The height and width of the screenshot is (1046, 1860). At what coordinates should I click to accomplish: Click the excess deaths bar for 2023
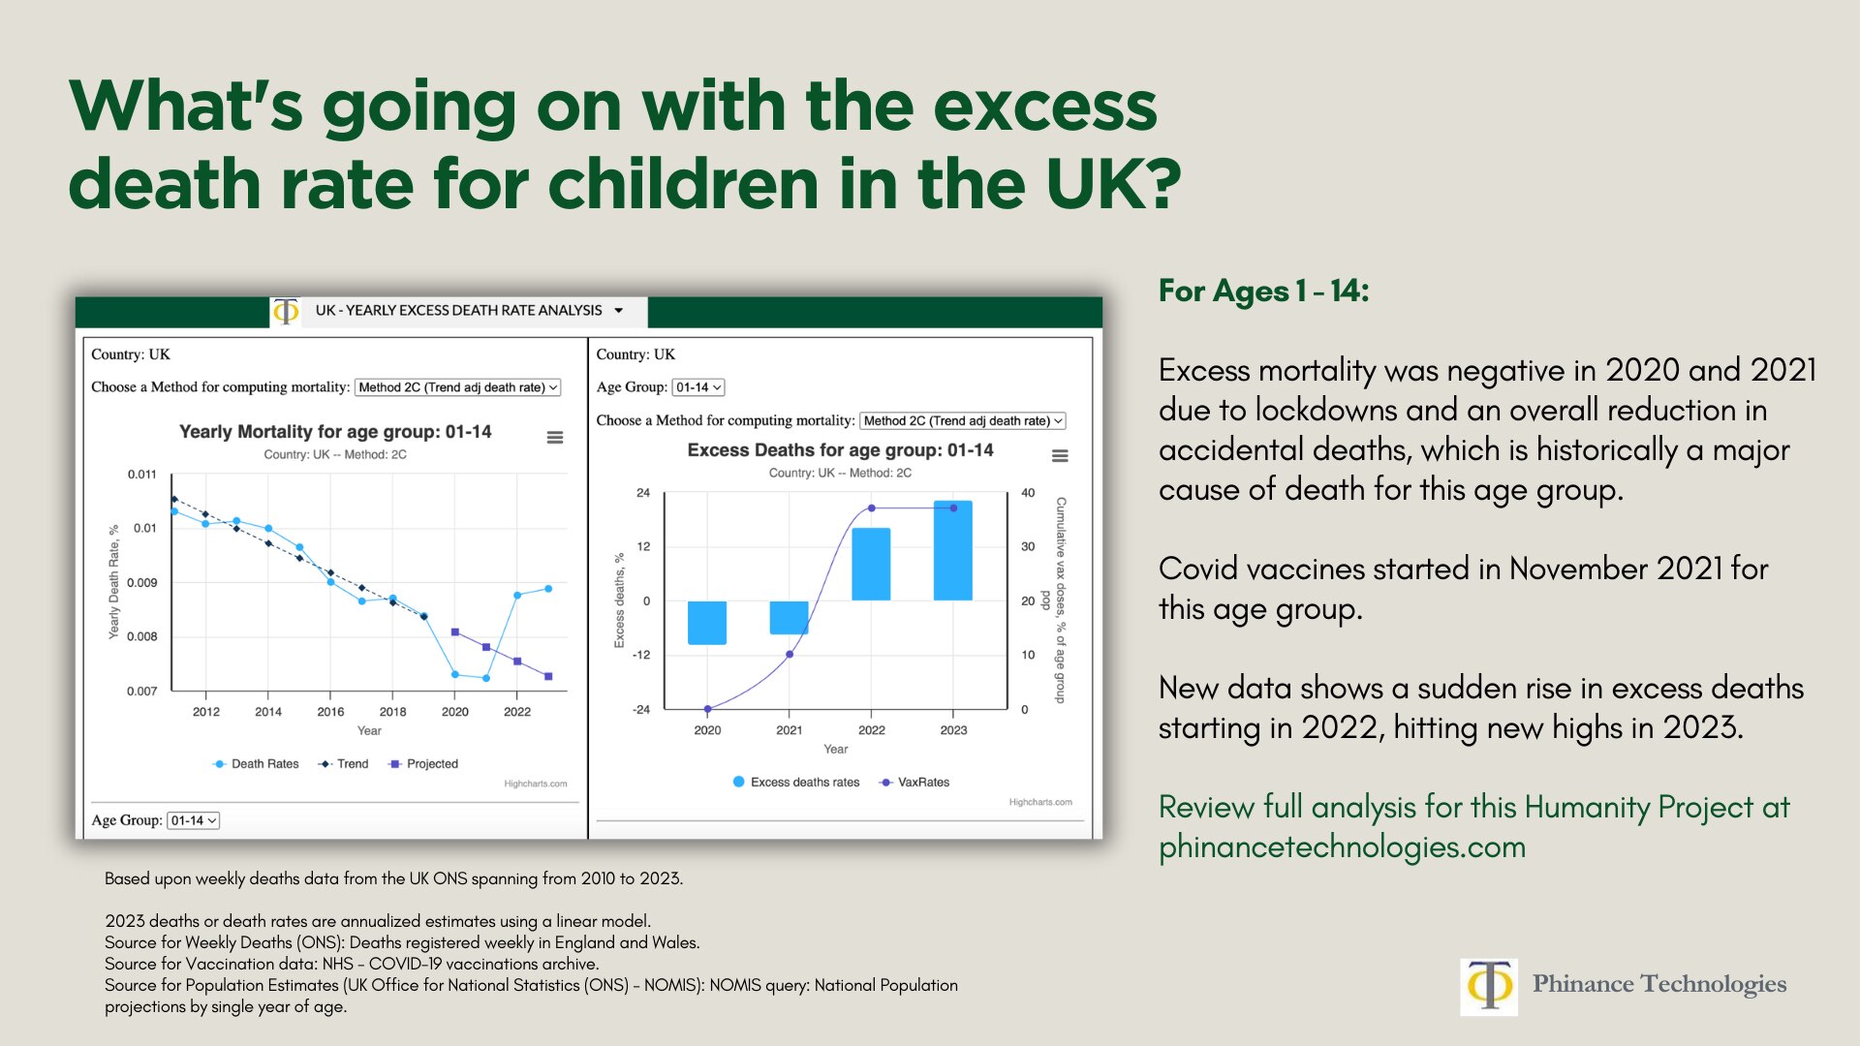(x=952, y=550)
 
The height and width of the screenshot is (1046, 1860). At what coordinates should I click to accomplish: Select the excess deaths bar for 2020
(x=706, y=622)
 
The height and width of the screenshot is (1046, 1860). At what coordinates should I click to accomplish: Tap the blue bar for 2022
(x=870, y=564)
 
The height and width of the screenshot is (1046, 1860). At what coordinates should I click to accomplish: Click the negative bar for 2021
(x=789, y=617)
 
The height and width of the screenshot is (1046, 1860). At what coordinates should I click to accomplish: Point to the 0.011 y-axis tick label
(x=141, y=475)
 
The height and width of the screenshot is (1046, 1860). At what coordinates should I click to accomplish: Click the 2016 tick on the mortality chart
(x=330, y=711)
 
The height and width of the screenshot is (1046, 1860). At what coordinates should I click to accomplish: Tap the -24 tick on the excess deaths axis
(x=641, y=710)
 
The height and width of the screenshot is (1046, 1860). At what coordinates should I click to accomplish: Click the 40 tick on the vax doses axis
(x=1028, y=493)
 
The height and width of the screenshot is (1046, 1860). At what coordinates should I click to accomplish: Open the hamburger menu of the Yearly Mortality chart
(x=555, y=438)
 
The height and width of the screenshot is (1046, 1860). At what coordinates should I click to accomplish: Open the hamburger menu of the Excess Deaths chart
(x=1060, y=456)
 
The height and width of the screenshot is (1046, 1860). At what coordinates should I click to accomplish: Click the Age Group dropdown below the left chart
(x=194, y=820)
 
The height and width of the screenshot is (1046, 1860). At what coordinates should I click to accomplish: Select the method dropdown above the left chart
(x=457, y=387)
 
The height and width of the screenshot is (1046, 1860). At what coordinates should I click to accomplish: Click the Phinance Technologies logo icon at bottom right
(x=1488, y=986)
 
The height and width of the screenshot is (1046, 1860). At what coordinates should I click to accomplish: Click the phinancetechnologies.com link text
(x=1342, y=846)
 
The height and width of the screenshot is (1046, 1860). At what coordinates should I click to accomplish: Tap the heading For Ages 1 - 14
(x=1263, y=291)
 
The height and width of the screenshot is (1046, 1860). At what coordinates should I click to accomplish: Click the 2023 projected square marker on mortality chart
(x=548, y=676)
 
